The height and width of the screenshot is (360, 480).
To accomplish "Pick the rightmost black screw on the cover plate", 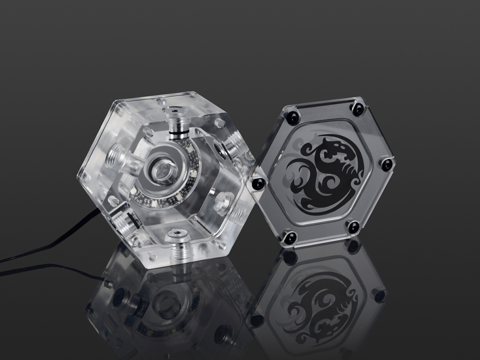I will (x=387, y=165).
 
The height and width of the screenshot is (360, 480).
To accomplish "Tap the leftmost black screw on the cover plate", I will (x=258, y=183).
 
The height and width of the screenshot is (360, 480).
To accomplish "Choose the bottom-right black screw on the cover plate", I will (x=353, y=227).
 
